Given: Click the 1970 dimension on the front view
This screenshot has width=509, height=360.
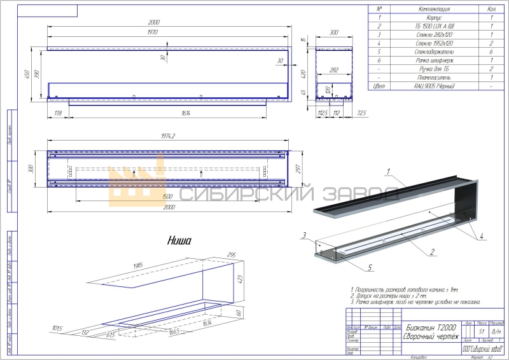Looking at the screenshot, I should pos(152,31).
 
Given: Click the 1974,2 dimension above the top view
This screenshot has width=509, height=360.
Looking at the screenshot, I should pos(167,136).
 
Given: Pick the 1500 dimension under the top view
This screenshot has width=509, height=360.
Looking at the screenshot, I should pos(167,197).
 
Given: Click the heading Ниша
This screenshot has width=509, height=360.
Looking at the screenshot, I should pos(180,240).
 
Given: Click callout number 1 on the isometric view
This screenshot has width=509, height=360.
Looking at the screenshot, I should pos(387,170).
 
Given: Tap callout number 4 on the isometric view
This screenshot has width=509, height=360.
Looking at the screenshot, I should pos(481,235).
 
